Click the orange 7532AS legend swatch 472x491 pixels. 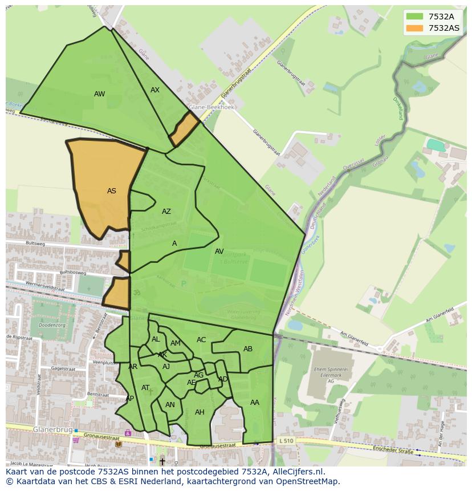pyautogui.click(x=414, y=27)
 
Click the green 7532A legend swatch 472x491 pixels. pyautogui.click(x=414, y=16)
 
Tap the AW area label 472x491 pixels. pyautogui.click(x=100, y=94)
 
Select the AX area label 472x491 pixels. pyautogui.click(x=155, y=90)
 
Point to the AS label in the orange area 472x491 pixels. pyautogui.click(x=112, y=191)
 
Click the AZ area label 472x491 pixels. pyautogui.click(x=166, y=212)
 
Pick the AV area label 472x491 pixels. pyautogui.click(x=219, y=251)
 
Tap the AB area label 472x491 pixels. pyautogui.click(x=248, y=349)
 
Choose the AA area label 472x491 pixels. pyautogui.click(x=255, y=403)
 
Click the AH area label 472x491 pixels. pyautogui.click(x=200, y=412)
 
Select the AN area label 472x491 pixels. pyautogui.click(x=170, y=405)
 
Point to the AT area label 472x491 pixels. pyautogui.click(x=145, y=388)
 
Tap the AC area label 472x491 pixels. pyautogui.click(x=201, y=340)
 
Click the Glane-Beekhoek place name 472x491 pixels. pyautogui.click(x=212, y=107)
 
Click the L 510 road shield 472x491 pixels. pyautogui.click(x=286, y=440)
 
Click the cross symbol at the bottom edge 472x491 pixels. pyautogui.click(x=162, y=461)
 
